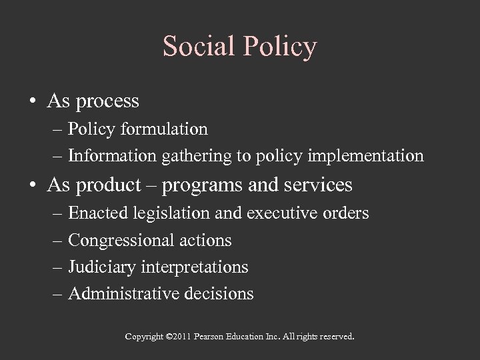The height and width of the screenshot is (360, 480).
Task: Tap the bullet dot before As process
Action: click(x=33, y=101)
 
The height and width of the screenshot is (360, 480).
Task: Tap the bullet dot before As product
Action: click(x=33, y=185)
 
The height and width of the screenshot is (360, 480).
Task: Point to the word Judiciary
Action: click(x=102, y=267)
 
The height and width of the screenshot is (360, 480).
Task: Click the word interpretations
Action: click(x=195, y=267)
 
